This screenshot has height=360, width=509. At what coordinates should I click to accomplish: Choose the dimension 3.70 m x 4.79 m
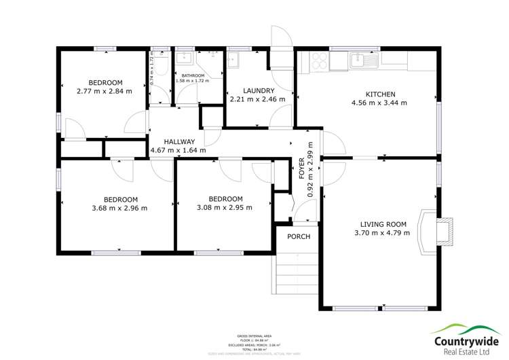click(381, 233)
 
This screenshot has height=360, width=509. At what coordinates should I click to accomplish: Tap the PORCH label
click(299, 236)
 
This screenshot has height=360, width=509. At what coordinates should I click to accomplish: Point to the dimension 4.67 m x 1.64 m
click(178, 150)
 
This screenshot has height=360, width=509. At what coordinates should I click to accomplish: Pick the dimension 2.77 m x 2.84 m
click(104, 90)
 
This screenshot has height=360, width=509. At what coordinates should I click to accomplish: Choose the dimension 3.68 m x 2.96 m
click(119, 208)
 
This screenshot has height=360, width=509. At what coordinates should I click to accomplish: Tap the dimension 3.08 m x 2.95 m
click(224, 208)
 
